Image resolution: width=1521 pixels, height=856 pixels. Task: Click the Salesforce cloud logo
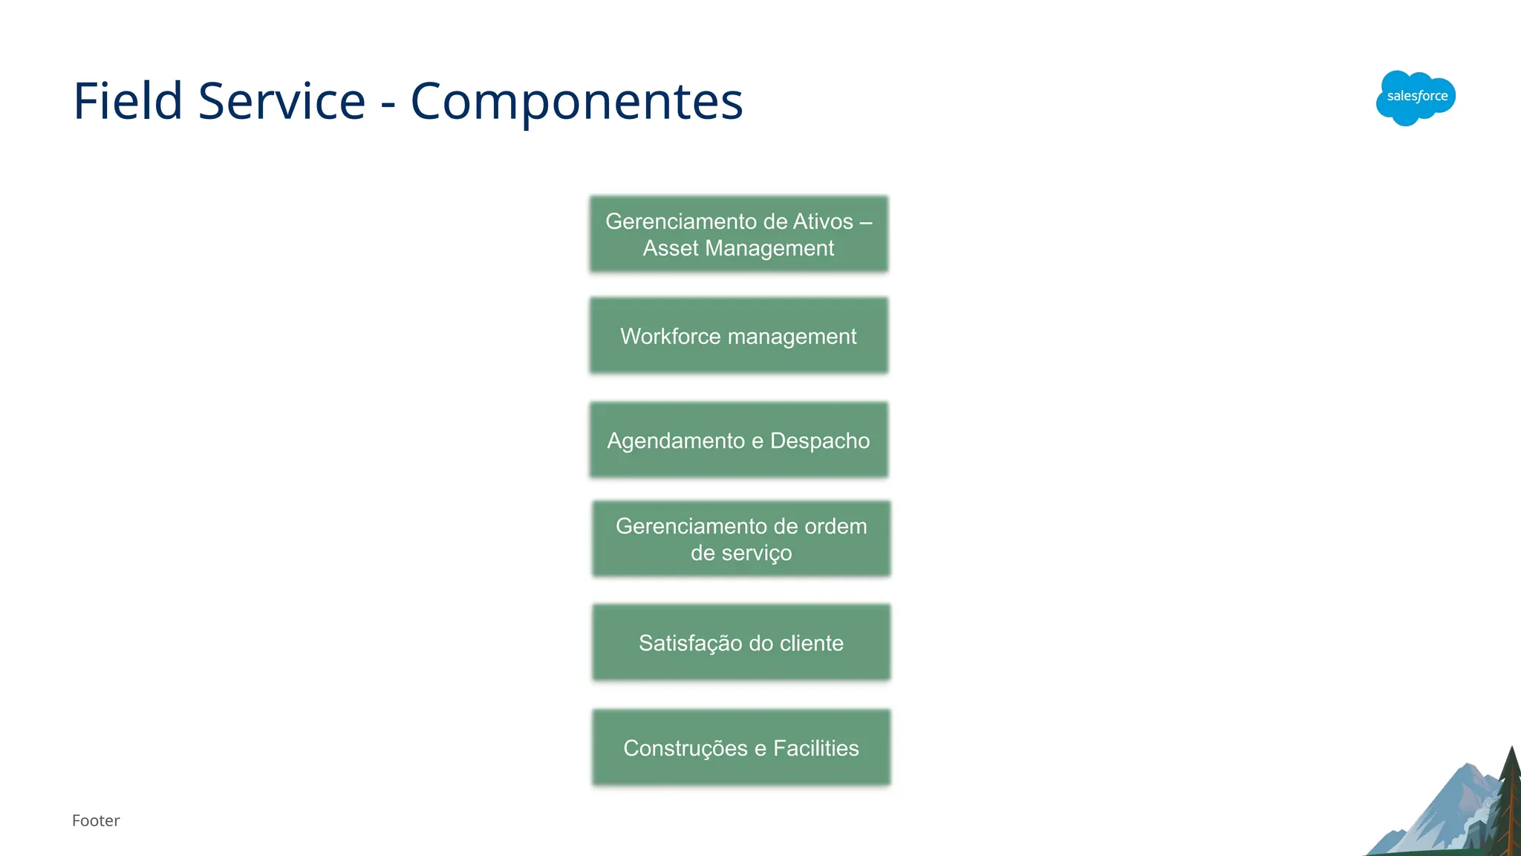coord(1416,97)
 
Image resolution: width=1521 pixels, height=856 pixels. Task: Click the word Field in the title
coord(128,101)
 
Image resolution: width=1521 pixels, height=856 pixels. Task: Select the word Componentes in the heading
coord(576,101)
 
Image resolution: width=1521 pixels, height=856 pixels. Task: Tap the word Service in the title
coord(281,101)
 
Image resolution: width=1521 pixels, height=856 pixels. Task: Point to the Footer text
coord(96,820)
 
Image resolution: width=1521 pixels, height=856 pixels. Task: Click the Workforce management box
coord(738,336)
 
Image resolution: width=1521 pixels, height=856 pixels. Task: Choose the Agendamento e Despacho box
coord(738,440)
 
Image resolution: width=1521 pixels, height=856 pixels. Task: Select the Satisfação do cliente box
coord(741,643)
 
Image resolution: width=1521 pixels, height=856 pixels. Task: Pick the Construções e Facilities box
coord(741,748)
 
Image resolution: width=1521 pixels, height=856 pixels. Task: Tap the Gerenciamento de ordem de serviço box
coord(741,539)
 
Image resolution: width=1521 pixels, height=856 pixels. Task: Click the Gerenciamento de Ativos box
coord(738,234)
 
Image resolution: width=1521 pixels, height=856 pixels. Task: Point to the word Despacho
coord(820,441)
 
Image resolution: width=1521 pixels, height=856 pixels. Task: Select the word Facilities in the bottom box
coord(815,748)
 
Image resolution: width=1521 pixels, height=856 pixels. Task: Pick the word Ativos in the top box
coord(823,221)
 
